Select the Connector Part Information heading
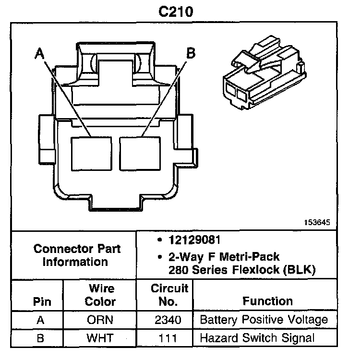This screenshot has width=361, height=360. (x=77, y=255)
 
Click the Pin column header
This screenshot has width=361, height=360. (x=41, y=302)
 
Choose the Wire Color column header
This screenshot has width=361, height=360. (x=101, y=295)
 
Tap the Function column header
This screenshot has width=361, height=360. (x=267, y=301)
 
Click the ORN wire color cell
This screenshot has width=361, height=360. (x=100, y=320)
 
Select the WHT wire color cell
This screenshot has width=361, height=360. (x=100, y=338)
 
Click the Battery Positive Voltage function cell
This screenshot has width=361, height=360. (x=264, y=320)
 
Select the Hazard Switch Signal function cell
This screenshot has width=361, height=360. (x=257, y=338)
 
